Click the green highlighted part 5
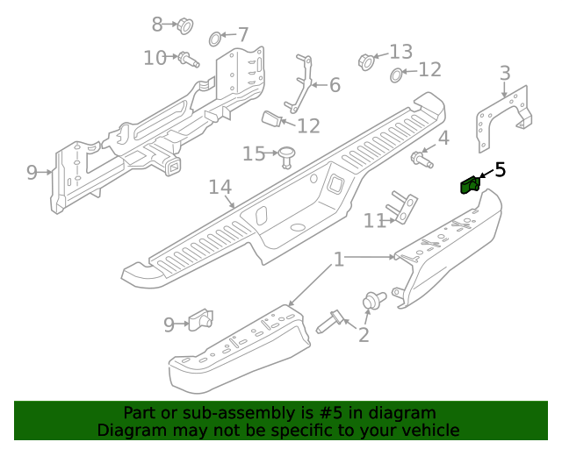(x=470, y=184)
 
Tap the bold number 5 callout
(x=500, y=169)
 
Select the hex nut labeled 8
(x=184, y=25)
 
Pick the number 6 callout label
(x=334, y=85)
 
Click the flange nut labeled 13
(x=367, y=61)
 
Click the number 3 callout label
(x=505, y=72)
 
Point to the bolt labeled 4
(x=421, y=160)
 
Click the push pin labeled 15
(x=286, y=157)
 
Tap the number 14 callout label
(x=220, y=187)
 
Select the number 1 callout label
(x=338, y=260)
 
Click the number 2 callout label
(x=364, y=334)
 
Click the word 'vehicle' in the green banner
(x=429, y=430)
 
